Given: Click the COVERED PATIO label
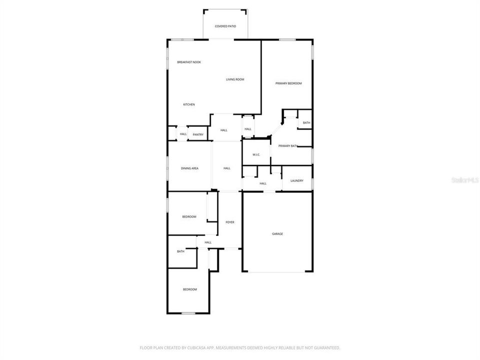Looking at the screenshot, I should point(225,26).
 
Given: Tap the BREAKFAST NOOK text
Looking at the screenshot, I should point(189,62).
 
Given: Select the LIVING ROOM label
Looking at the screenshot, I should point(235,79).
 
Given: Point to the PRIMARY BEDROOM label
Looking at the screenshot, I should point(288,83).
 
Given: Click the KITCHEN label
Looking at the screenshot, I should point(189,104).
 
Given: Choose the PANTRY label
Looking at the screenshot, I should point(198,134).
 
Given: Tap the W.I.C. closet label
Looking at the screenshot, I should point(256,154).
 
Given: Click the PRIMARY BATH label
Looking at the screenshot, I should point(288,146).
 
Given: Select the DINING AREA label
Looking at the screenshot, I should point(189,168).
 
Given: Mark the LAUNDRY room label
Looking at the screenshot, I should point(296,180).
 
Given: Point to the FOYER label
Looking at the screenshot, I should point(230,222).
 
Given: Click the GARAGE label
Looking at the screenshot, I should point(277,233).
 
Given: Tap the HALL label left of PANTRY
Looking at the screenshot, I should point(183,134).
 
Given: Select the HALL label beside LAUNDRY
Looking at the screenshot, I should point(263,183).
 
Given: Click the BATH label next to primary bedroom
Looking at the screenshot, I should point(306,123).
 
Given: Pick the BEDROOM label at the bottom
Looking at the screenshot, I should point(189,289).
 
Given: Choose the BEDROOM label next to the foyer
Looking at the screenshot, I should point(189,216).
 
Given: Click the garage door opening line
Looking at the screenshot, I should point(277,272).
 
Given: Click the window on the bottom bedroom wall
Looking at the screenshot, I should point(188,313).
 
